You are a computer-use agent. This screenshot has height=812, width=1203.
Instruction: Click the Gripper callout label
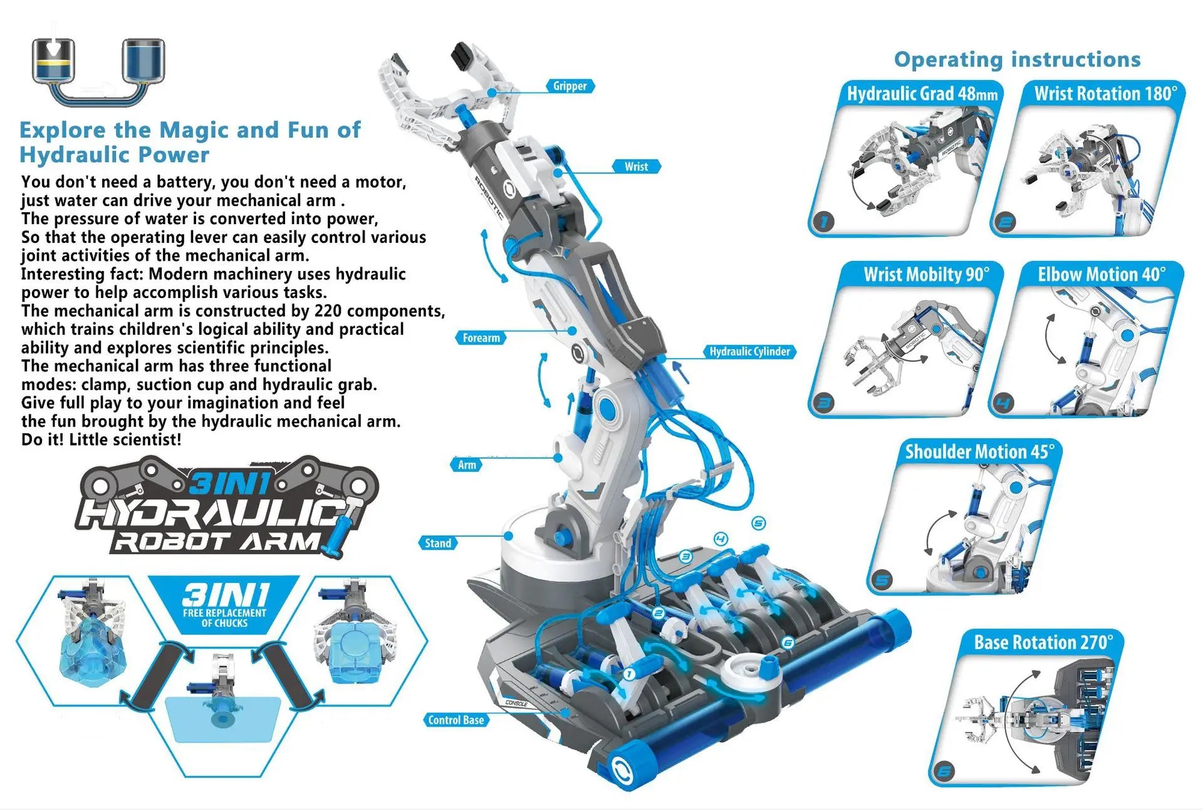pos(570,86)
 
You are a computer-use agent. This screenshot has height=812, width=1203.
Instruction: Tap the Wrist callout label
pos(636,167)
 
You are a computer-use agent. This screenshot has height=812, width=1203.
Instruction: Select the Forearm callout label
pos(481,338)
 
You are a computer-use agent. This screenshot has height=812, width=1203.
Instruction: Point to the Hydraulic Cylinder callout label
pos(749,352)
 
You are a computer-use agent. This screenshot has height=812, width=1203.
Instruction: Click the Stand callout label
pos(437,543)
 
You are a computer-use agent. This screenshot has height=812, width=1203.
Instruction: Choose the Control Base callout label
pos(456,720)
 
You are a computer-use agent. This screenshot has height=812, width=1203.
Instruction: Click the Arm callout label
pos(467,465)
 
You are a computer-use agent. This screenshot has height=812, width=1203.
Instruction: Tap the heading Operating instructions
pos(1017,59)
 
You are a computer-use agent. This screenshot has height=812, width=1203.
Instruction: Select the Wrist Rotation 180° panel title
pos(1105,94)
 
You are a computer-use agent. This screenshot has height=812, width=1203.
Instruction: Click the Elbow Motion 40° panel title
pos(1101,275)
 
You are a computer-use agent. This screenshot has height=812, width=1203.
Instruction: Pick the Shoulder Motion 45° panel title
pos(979,452)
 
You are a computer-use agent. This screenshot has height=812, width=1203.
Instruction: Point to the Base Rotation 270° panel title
pos(1043,642)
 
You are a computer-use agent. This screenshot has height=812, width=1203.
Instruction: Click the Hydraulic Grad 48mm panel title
pos(922,94)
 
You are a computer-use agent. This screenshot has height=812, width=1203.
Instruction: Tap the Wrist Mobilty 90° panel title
pos(926,275)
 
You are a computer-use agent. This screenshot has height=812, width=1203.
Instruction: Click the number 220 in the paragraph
pos(328,311)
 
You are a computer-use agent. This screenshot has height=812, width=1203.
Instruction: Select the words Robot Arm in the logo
pos(216,542)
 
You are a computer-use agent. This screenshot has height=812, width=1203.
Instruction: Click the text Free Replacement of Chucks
pos(224,618)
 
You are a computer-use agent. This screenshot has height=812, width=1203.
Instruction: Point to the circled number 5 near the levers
pos(758,523)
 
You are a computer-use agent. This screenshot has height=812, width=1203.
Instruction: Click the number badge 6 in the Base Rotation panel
pos(944,771)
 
